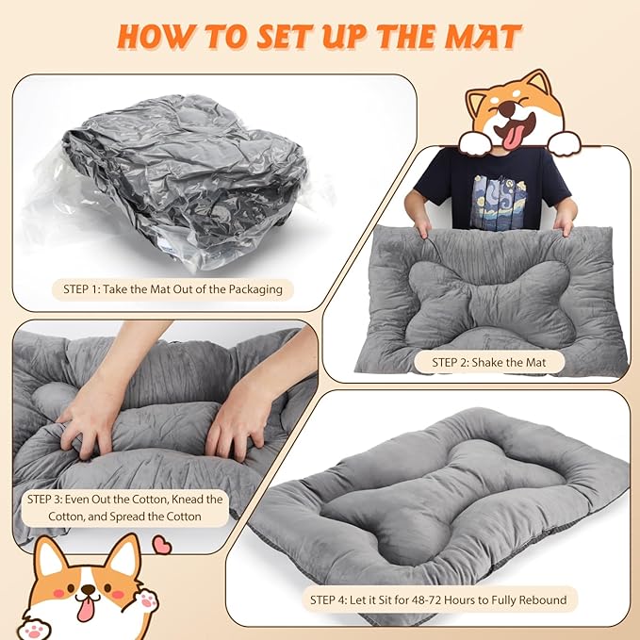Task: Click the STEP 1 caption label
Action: click(172, 289)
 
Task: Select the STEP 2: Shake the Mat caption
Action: click(489, 363)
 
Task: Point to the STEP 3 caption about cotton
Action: click(125, 508)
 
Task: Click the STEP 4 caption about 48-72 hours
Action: click(438, 600)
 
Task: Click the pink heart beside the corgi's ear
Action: click(161, 545)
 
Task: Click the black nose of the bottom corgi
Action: click(88, 590)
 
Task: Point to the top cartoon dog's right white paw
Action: click(564, 142)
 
